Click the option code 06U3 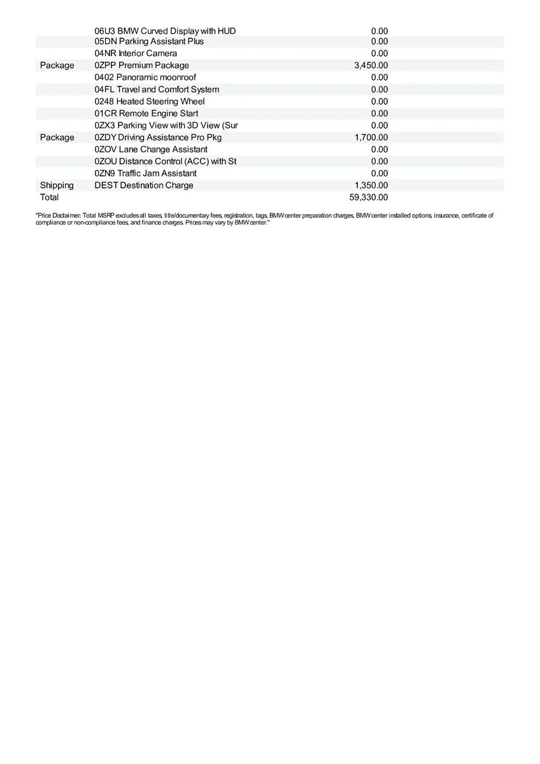pyautogui.click(x=104, y=31)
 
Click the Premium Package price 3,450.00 pyautogui.click(x=371, y=66)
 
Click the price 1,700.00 pyautogui.click(x=371, y=138)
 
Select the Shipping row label pyautogui.click(x=57, y=185)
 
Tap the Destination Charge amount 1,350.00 pyautogui.click(x=371, y=185)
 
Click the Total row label pyautogui.click(x=49, y=197)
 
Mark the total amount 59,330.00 pyautogui.click(x=369, y=197)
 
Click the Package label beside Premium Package pyautogui.click(x=57, y=66)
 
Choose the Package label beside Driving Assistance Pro pyautogui.click(x=57, y=138)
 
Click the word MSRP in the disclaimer pyautogui.click(x=104, y=216)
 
